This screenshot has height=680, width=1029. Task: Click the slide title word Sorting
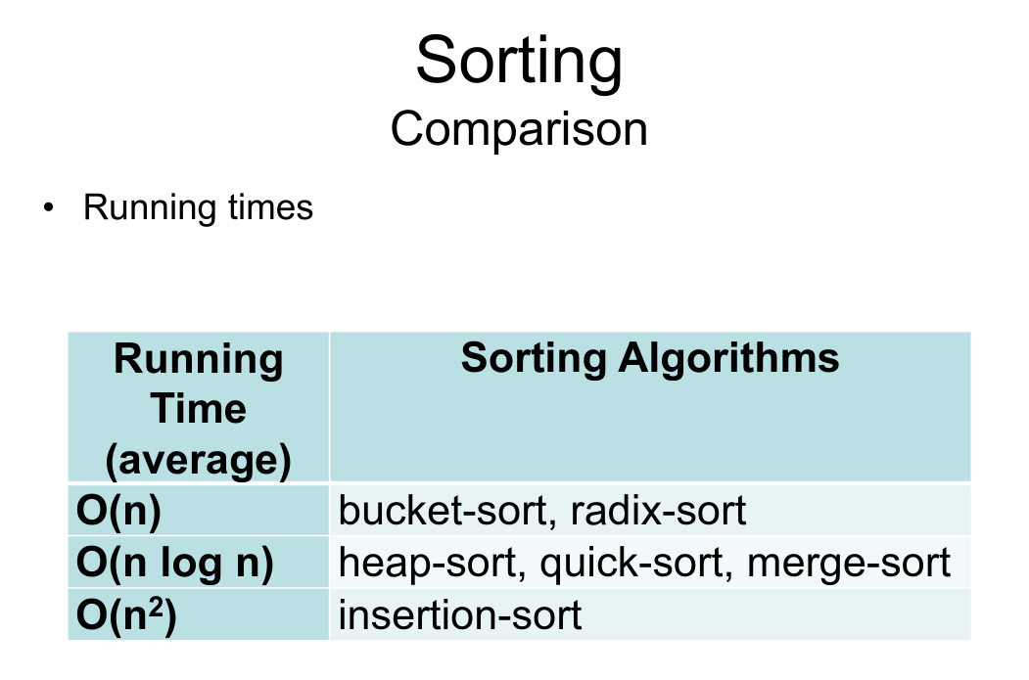pyautogui.click(x=519, y=63)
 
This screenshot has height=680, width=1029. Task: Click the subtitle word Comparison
pyautogui.click(x=519, y=130)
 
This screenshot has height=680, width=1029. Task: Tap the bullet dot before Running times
pyautogui.click(x=48, y=207)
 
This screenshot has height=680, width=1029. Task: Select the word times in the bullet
pyautogui.click(x=270, y=207)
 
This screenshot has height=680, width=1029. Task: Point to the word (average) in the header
pyautogui.click(x=198, y=460)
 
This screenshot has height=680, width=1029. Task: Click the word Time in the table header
pyautogui.click(x=198, y=409)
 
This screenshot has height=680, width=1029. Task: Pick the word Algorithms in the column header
pyautogui.click(x=728, y=359)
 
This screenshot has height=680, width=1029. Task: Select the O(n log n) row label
pyautogui.click(x=175, y=563)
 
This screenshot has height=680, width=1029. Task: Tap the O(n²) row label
pyautogui.click(x=126, y=614)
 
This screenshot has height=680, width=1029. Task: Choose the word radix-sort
pyautogui.click(x=658, y=510)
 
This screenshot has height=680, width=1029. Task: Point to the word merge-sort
pyautogui.click(x=849, y=564)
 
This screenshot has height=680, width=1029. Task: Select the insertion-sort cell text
pyautogui.click(x=460, y=615)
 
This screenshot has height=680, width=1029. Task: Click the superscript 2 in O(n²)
pyautogui.click(x=156, y=608)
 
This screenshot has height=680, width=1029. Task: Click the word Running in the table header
pyautogui.click(x=198, y=360)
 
